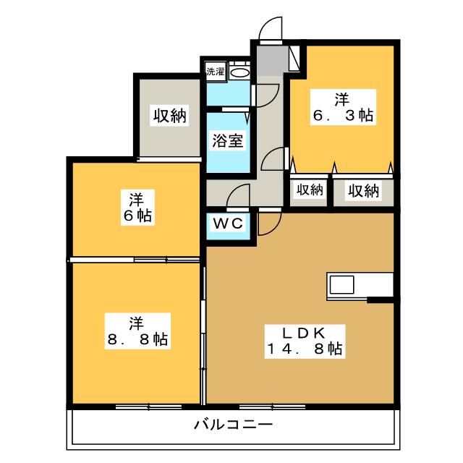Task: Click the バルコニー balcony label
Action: (233, 424)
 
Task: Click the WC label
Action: (227, 224)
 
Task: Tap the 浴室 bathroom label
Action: (226, 141)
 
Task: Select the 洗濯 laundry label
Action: (215, 71)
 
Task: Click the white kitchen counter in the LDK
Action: (360, 284)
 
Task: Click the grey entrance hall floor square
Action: (271, 58)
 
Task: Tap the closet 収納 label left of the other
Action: (309, 190)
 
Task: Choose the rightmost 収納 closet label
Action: (362, 190)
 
